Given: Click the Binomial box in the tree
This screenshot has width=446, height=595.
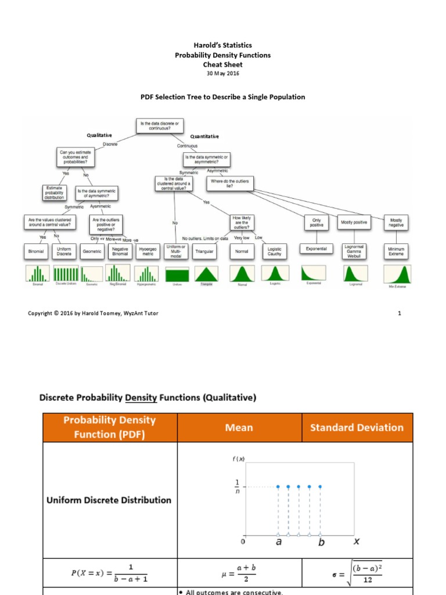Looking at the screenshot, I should click(x=36, y=252).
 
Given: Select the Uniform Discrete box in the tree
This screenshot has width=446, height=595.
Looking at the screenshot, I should click(x=64, y=252).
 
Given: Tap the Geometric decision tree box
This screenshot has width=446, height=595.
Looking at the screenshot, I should click(x=92, y=252).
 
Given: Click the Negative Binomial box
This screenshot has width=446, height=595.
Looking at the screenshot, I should click(x=120, y=251).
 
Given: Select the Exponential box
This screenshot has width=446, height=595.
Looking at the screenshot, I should click(x=316, y=249).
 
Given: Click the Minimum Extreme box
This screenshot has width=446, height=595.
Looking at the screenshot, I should click(x=397, y=251).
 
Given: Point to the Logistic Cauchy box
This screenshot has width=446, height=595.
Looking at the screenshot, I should click(x=275, y=251).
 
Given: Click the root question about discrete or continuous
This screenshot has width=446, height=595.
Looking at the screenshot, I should click(x=160, y=126).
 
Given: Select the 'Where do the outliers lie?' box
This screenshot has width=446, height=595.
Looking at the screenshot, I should click(x=230, y=184).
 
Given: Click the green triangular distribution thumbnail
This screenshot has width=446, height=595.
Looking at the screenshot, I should click(x=206, y=274).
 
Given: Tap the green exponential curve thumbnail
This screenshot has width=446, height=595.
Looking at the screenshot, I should click(x=317, y=274).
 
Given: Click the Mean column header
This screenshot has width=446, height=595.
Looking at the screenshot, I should click(x=239, y=428).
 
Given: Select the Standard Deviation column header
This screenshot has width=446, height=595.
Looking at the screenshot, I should click(x=357, y=428).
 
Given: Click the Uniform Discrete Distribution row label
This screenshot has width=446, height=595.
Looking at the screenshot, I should click(x=110, y=500).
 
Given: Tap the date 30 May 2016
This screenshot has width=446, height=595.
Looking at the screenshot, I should click(x=223, y=74).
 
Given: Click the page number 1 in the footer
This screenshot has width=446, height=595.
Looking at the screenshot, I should click(x=400, y=313).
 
